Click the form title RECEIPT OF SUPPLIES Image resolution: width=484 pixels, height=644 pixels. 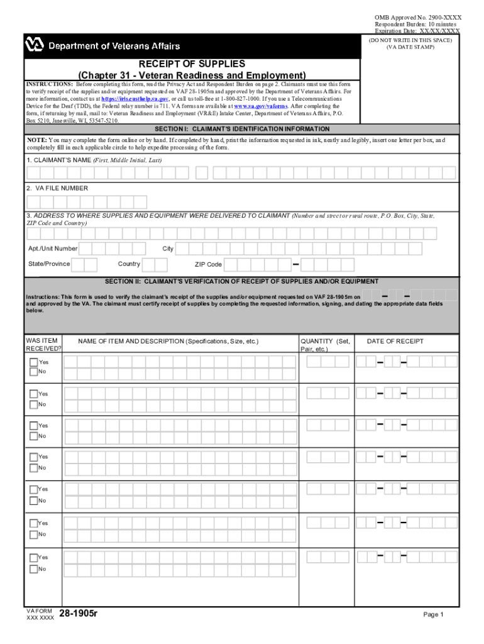pyautogui.click(x=192, y=64)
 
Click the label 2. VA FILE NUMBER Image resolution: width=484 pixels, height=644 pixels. pyautogui.click(x=57, y=188)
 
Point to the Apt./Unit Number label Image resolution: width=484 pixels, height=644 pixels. pyautogui.click(x=53, y=248)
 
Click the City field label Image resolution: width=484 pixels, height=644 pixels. pyautogui.click(x=168, y=248)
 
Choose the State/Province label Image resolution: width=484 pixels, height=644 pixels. pyautogui.click(x=49, y=264)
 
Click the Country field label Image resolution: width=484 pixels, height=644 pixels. pyautogui.click(x=129, y=264)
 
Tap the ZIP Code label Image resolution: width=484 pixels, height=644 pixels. pyautogui.click(x=208, y=265)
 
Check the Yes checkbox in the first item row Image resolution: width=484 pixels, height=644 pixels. pyautogui.click(x=34, y=362)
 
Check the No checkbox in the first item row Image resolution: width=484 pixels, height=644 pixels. pyautogui.click(x=34, y=372)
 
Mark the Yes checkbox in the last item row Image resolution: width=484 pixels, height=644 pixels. pyautogui.click(x=34, y=557)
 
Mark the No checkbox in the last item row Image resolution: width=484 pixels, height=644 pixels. pyautogui.click(x=34, y=569)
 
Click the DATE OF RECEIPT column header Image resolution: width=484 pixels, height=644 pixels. pyautogui.click(x=395, y=341)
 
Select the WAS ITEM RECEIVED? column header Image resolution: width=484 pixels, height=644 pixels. pyautogui.click(x=43, y=345)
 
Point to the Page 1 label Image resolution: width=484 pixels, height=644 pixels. pyautogui.click(x=433, y=614)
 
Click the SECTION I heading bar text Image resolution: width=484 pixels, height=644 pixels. pyautogui.click(x=241, y=129)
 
